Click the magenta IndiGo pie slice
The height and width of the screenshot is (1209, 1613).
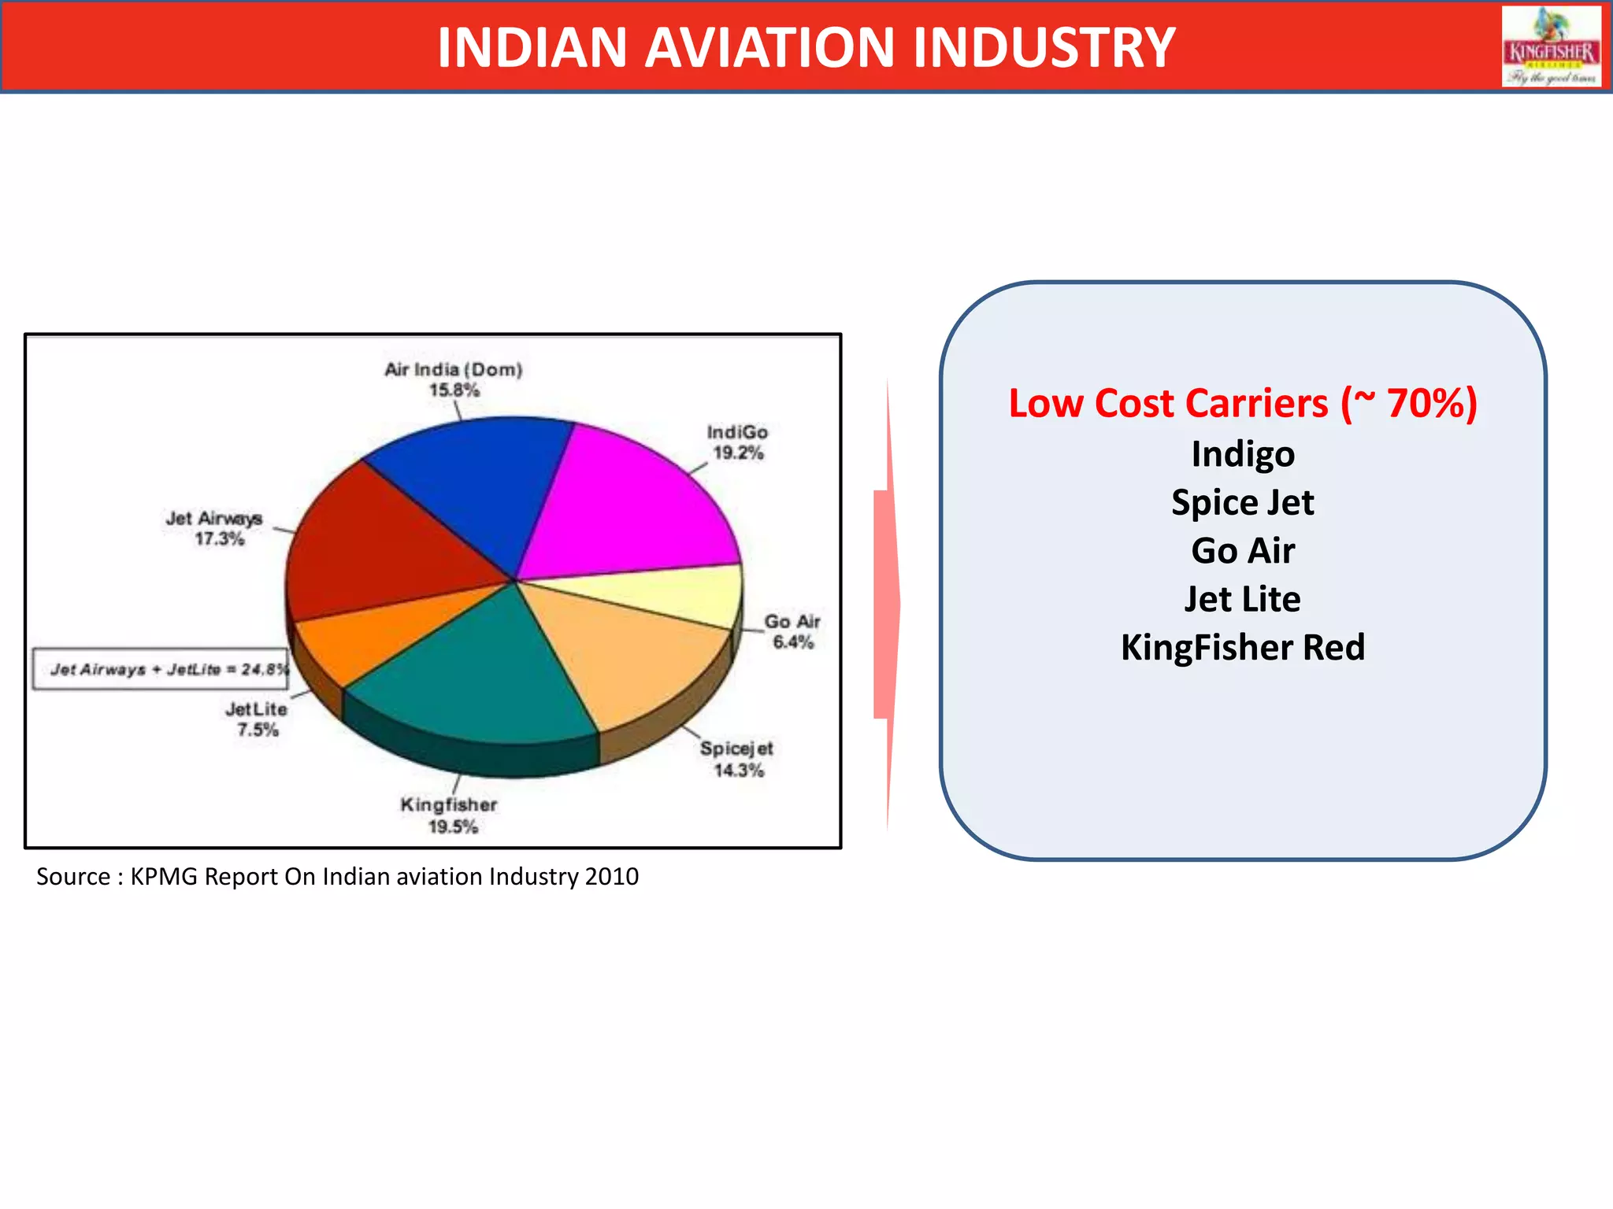coord(630,504)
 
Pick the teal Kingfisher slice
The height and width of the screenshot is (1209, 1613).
coord(473,677)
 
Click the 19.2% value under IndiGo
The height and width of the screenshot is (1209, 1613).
coord(738,453)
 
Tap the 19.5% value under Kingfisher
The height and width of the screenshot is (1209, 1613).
coord(453,826)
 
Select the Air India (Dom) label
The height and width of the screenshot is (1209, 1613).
coord(453,369)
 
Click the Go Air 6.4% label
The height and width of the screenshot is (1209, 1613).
coord(792,631)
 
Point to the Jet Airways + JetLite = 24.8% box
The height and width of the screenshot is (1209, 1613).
coord(161,669)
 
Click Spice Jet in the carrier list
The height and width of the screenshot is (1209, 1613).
coord(1242,502)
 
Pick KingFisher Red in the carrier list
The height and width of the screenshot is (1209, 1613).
coord(1242,647)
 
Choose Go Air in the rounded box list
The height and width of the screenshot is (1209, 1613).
coord(1242,550)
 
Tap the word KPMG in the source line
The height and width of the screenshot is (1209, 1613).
coord(164,876)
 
